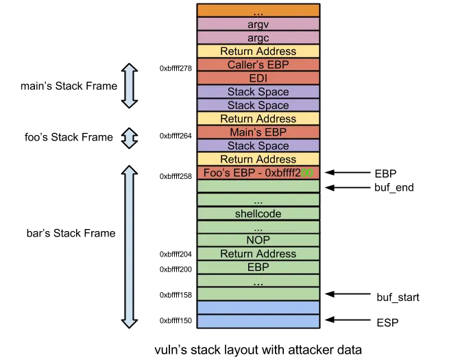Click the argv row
pos(258,24)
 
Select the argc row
pos(258,38)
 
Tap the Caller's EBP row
pos(258,64)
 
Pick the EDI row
pos(258,78)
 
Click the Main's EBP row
pos(258,132)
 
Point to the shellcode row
pos(258,214)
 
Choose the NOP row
pos(258,241)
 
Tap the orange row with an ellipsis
pos(258,11)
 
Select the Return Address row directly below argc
pos(258,51)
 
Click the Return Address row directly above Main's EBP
pos(258,119)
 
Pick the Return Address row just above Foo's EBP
pos(258,159)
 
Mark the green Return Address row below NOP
pos(258,254)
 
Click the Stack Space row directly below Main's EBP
pos(258,145)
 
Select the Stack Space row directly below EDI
pos(258,92)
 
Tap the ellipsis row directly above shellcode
pos(258,200)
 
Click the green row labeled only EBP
pos(258,267)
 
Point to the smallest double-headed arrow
pos(129,137)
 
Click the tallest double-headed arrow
pos(129,247)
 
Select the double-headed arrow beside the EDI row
pos(129,86)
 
